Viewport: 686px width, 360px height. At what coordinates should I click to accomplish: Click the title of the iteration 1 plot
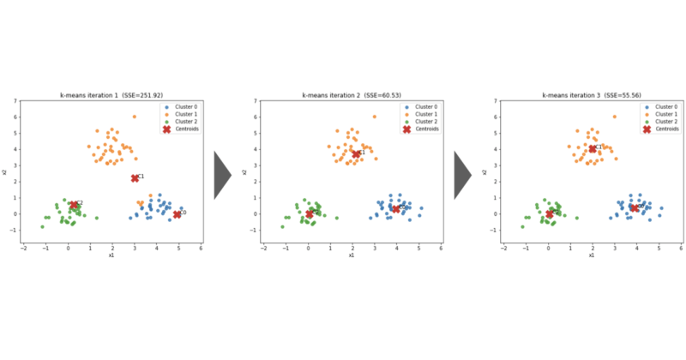point(111,94)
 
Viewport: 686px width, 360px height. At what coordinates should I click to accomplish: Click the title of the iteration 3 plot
point(591,94)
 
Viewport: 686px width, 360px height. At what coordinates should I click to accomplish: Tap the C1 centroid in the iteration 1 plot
point(135,177)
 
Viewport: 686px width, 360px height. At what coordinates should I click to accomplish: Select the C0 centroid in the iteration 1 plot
point(177,213)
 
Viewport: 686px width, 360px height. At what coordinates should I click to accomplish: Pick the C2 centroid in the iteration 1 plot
point(74,205)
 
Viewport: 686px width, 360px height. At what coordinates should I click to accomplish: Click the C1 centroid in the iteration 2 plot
point(357,154)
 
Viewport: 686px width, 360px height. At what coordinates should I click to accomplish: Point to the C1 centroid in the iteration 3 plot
point(593,148)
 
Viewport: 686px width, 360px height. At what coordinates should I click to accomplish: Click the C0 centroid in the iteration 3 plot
point(635,207)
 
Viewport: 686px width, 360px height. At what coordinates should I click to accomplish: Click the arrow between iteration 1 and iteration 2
point(222,175)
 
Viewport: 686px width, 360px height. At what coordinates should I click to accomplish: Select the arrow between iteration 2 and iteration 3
point(462,175)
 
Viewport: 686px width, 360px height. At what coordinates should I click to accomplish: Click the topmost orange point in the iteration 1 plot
point(134,117)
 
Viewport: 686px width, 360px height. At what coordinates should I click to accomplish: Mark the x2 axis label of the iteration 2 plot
point(244,172)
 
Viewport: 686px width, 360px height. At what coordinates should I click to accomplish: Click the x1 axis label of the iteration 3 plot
point(591,255)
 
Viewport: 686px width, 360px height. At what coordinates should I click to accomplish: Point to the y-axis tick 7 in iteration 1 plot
point(15,101)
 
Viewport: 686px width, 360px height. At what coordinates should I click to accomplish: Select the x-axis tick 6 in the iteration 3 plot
point(681,248)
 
